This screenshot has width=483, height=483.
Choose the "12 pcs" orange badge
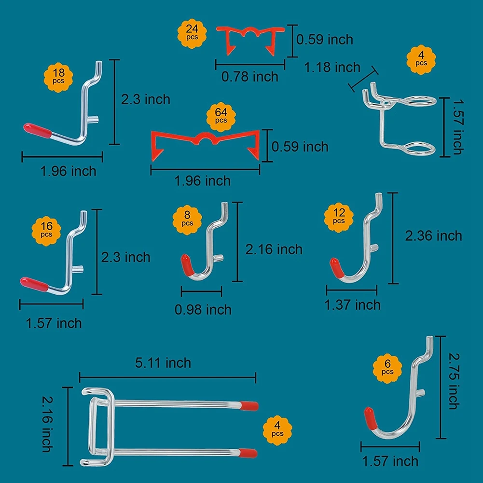point(339,216)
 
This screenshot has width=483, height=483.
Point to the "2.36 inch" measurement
point(433,235)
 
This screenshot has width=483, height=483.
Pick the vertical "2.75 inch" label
point(454,380)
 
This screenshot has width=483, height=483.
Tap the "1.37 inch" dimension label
point(353,304)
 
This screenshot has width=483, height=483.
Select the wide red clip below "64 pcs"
point(206,143)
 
